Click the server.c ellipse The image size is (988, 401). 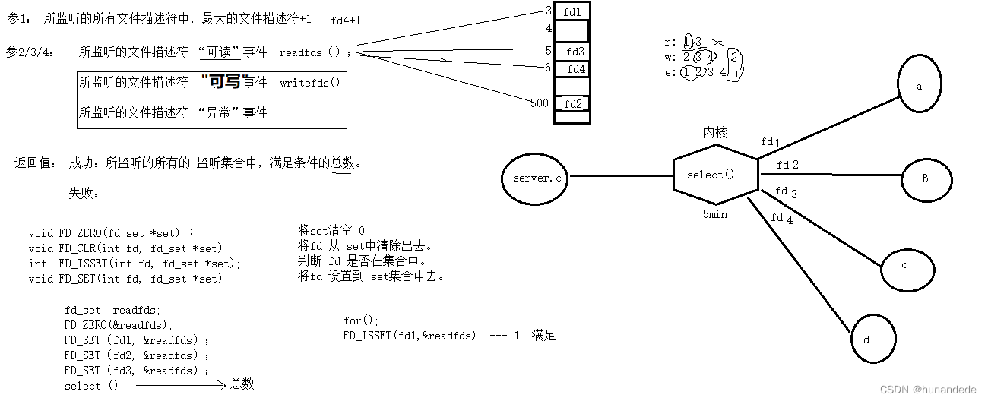point(537,177)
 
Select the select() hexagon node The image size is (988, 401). point(714,175)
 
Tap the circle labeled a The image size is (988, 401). point(919,86)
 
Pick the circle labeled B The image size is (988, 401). point(926,178)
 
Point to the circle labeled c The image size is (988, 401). point(905,266)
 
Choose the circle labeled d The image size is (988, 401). point(872,339)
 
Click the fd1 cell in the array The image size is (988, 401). point(572,12)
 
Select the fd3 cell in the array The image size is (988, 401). point(575,52)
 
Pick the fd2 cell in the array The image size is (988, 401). point(573,104)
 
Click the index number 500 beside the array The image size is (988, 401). point(540,103)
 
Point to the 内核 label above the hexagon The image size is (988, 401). point(714,132)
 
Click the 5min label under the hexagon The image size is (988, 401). point(714,214)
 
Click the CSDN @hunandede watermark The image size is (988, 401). point(927,389)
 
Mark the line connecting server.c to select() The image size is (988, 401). point(621,176)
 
